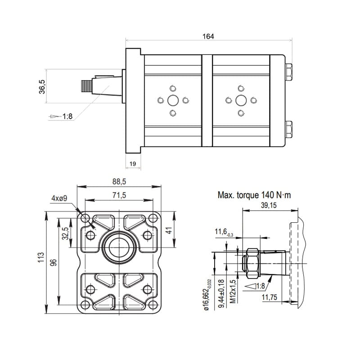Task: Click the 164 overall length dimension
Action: pos(208,36)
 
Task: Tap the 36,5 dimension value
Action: pos(42,87)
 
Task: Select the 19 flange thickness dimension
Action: pos(133,164)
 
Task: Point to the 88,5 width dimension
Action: pos(119,182)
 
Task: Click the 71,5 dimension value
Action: pos(119,195)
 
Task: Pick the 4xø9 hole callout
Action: pos(59,198)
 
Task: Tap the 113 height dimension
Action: pos(41,257)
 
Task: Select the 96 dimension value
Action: pos(53,263)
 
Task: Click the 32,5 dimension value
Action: pos(65,233)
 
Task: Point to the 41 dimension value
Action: pos(169,230)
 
